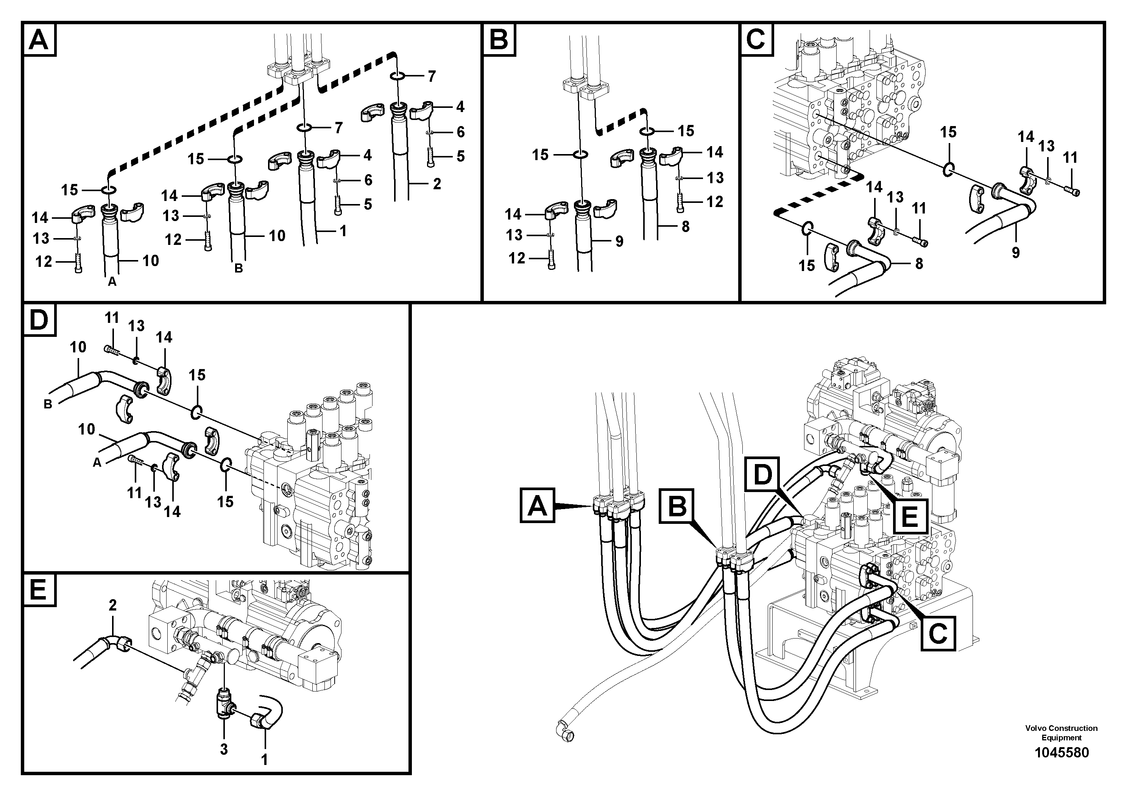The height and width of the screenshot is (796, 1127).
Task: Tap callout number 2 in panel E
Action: pyautogui.click(x=112, y=605)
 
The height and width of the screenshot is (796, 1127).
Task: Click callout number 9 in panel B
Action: pyautogui.click(x=619, y=241)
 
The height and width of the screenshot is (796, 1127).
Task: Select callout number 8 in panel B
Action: pyautogui.click(x=686, y=226)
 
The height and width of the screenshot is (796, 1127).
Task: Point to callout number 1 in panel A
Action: pyautogui.click(x=343, y=231)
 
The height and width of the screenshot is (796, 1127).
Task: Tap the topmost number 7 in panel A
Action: pyautogui.click(x=432, y=76)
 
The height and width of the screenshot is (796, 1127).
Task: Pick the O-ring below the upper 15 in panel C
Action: pyautogui.click(x=948, y=169)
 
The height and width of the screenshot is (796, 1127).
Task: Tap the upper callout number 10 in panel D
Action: pyautogui.click(x=78, y=347)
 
